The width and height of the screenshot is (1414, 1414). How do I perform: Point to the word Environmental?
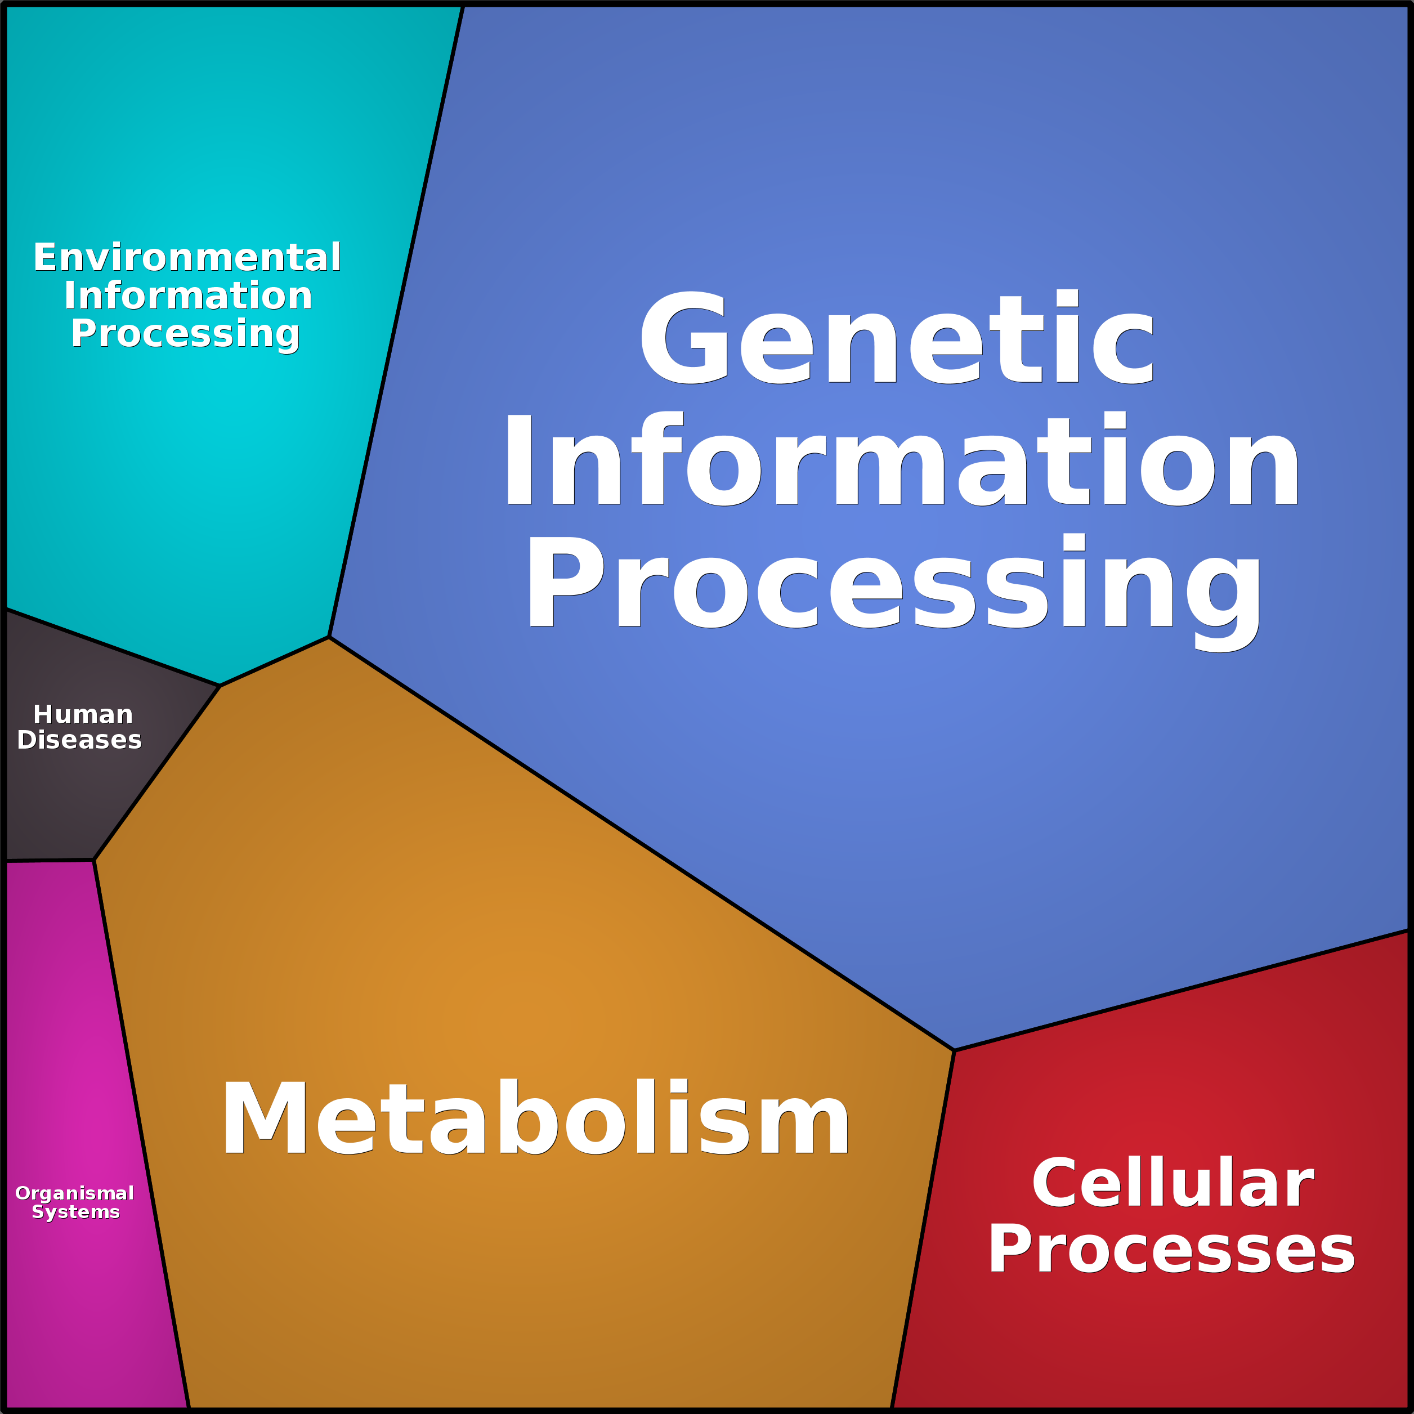pos(187,258)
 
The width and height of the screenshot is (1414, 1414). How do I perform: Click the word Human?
pos(83,714)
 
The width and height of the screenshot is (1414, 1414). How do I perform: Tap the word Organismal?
pos(75,1194)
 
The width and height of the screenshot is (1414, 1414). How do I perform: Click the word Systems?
pos(76,1212)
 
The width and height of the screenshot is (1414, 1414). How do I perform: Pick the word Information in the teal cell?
pos(188,296)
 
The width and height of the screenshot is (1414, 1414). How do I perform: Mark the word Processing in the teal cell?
pos(185,334)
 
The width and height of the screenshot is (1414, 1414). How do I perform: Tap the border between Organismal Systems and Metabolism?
pos(141,1134)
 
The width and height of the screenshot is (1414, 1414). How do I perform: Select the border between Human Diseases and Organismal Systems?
pos(50,861)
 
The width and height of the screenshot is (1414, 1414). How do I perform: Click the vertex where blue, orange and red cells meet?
pos(954,1050)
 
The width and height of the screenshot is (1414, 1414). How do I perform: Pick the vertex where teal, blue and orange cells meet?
pos(329,637)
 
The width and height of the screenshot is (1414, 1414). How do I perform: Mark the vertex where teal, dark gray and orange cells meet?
pos(220,686)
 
